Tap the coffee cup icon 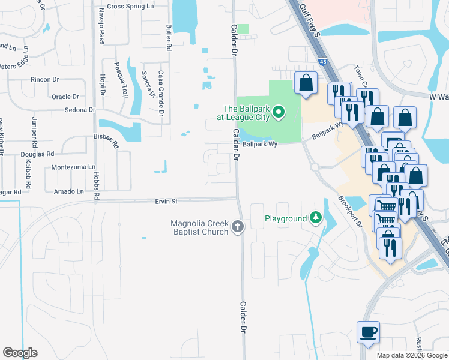tap(368, 332)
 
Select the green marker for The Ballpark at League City tap(278, 112)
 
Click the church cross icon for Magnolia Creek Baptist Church tap(238, 227)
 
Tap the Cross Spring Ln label tap(131, 7)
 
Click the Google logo tap(20, 353)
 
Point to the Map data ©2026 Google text tap(411, 355)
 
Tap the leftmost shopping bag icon tap(306, 82)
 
